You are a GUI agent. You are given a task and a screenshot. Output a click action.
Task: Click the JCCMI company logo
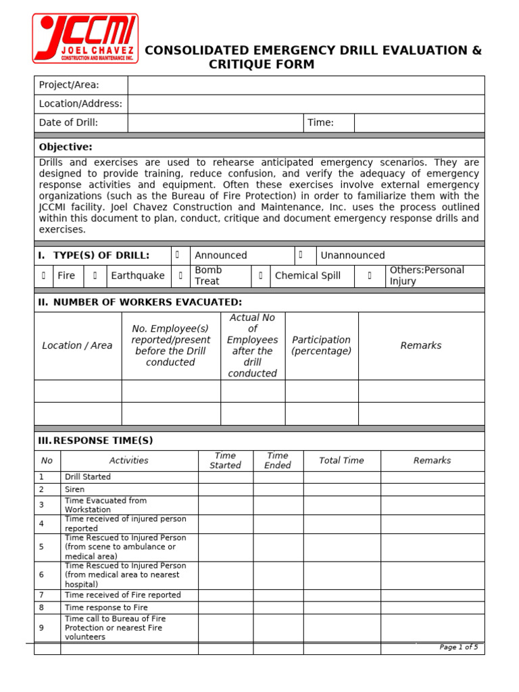point(85,39)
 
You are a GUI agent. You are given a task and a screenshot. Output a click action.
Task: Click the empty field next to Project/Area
point(305,85)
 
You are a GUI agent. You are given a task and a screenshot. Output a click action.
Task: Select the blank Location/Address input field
point(305,104)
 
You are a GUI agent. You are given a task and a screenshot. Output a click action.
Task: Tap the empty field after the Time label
point(419,123)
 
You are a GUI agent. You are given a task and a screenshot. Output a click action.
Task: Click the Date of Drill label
point(68,123)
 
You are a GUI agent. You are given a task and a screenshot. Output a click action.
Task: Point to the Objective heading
point(66,147)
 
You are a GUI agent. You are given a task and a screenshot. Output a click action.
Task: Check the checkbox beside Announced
point(178,255)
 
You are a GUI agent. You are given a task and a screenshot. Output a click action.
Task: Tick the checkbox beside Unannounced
point(301,255)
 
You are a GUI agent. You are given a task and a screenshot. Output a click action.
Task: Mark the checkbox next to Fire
point(43,276)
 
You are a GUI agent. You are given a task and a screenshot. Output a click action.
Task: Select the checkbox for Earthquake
point(95,276)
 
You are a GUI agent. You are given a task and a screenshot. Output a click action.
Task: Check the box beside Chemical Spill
point(261,276)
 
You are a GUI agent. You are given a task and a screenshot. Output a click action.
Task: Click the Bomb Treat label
point(208,276)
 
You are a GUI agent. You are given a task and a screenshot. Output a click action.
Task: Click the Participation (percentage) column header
point(321,345)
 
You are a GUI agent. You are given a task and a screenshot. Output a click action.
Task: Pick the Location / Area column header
point(77,345)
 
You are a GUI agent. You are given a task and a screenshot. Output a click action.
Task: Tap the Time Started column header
point(225,461)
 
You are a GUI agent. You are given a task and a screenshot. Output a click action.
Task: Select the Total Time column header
point(341,461)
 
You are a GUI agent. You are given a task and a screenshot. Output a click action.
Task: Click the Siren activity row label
point(74,489)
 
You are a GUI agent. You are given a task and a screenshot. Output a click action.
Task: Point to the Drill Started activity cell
point(88,477)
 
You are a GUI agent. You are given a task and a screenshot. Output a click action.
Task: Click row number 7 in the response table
point(41,595)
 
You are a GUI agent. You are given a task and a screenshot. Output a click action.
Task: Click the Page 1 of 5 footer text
point(458,647)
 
